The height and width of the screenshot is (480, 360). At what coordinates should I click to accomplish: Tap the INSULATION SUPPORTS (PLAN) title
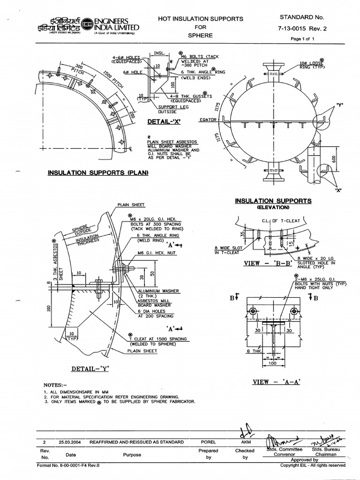coord(98,173)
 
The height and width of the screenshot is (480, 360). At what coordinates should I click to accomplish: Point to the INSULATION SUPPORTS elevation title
coord(273,201)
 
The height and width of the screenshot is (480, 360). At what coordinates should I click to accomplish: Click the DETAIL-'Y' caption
coord(90,368)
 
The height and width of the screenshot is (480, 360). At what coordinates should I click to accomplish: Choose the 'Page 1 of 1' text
coord(305,39)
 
